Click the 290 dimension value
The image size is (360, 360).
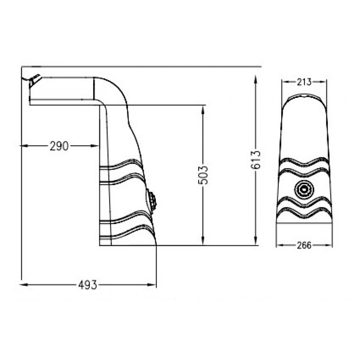(59, 146)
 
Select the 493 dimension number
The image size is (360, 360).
(88, 285)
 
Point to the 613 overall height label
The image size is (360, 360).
(255, 160)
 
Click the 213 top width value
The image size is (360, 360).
(304, 82)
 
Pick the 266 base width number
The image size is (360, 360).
(305, 246)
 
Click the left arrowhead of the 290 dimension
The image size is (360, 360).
(25, 146)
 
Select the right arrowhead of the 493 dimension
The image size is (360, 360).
(152, 285)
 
